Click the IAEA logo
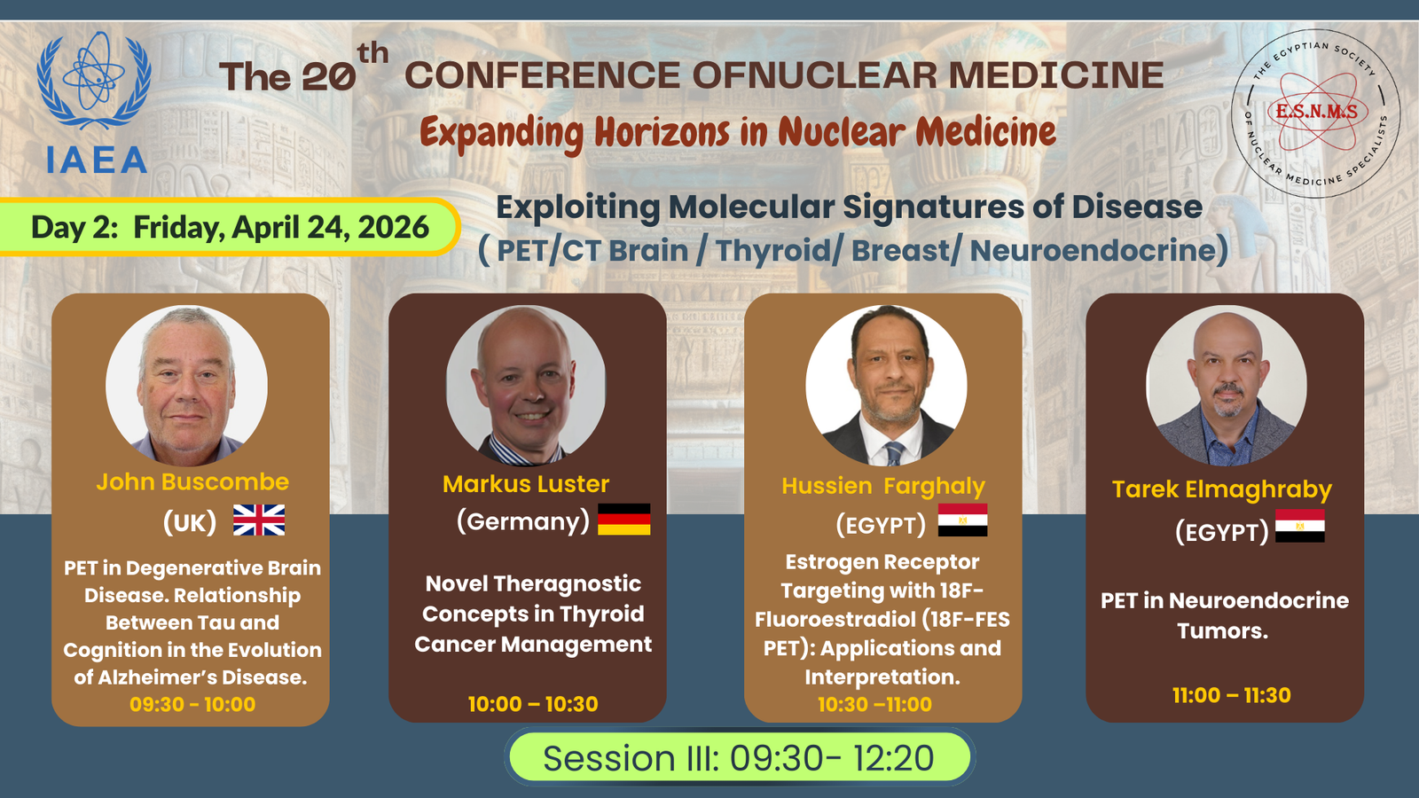(x=95, y=103)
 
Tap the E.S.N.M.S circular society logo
(x=1316, y=113)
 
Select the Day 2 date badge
(x=230, y=227)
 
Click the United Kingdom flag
(x=258, y=520)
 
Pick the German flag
(x=624, y=520)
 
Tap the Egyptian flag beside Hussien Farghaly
(x=962, y=520)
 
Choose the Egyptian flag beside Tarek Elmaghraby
(x=1300, y=526)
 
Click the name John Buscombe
(x=192, y=482)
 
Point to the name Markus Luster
(x=526, y=484)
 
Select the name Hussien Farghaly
(x=883, y=487)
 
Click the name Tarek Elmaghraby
(x=1222, y=489)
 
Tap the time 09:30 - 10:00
(x=192, y=704)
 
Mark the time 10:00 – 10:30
(x=533, y=704)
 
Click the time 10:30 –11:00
(x=874, y=704)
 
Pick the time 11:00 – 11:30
(x=1232, y=695)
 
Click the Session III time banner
(x=739, y=757)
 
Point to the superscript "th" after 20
(x=372, y=53)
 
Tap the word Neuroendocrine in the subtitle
(x=1092, y=250)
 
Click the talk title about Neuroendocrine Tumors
(x=1224, y=615)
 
